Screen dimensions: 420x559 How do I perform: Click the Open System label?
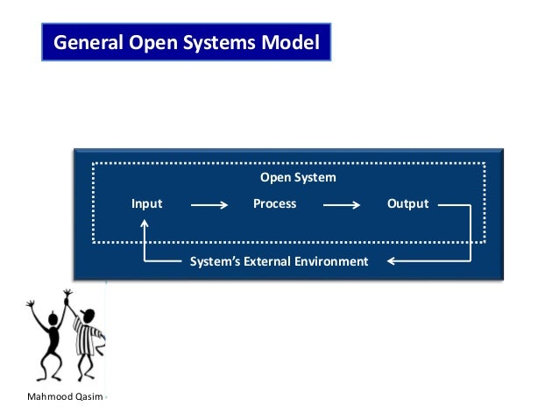[x=298, y=177]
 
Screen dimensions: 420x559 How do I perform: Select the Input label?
[x=146, y=203]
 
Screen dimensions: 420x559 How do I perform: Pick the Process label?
[x=274, y=203]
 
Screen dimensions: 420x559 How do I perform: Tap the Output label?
[x=407, y=203]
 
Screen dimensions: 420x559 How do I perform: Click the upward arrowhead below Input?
[x=145, y=224]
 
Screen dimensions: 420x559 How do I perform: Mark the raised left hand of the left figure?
[x=31, y=304]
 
